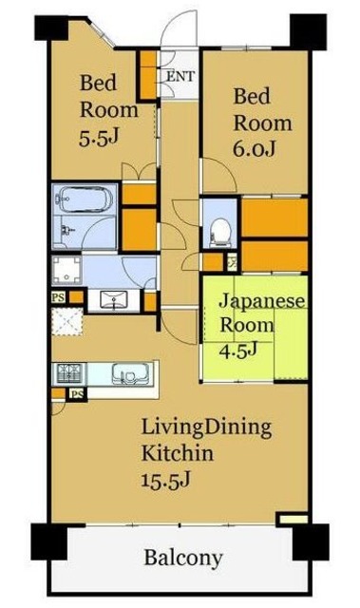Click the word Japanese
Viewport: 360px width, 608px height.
[x=262, y=301]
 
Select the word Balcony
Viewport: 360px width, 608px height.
[x=183, y=557]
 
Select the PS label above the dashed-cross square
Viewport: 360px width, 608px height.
[x=58, y=296]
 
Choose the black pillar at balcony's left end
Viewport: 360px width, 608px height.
[x=48, y=541]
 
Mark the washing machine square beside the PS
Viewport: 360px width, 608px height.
[x=68, y=269]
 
